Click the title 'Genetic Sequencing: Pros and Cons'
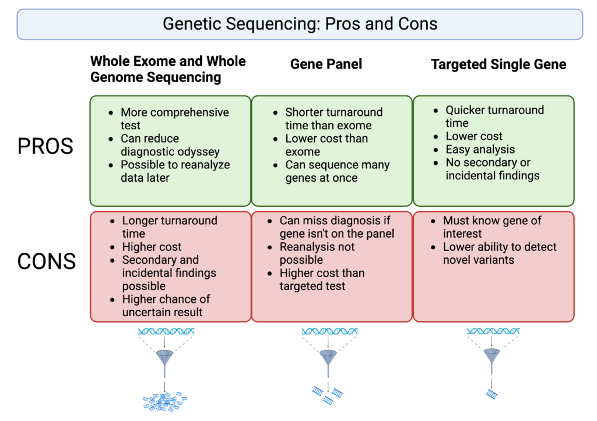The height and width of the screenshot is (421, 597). coord(300,24)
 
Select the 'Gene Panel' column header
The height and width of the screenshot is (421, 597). coord(326,64)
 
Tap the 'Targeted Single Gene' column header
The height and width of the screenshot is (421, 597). coord(498,65)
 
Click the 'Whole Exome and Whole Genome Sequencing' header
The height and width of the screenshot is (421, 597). coord(168,69)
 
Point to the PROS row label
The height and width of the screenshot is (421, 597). coord(45,146)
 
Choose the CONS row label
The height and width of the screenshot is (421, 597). coord(47,261)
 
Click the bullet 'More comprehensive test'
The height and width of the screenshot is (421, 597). coord(174,119)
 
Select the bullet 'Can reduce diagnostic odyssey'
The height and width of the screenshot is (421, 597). coord(170,145)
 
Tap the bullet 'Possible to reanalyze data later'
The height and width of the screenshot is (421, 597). coord(175,171)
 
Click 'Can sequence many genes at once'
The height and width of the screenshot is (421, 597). coord(337,171)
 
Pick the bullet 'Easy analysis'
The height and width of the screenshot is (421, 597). coord(480,149)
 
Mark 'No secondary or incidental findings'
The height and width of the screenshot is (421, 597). coord(492,169)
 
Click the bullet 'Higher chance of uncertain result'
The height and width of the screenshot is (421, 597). coord(166,306)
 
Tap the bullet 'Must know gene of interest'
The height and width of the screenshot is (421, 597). coord(491,227)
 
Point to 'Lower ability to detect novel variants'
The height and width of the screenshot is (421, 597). coord(499,253)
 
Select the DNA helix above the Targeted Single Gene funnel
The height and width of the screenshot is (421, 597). coord(493,332)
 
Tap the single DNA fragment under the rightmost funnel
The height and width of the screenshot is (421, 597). coord(492,395)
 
